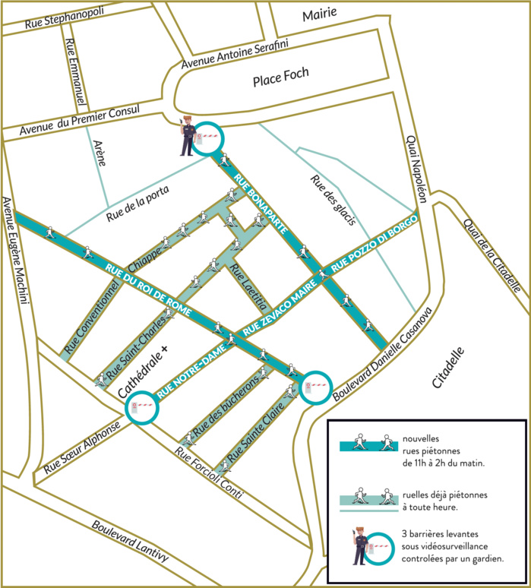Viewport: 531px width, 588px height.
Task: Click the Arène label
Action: click(98, 153)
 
